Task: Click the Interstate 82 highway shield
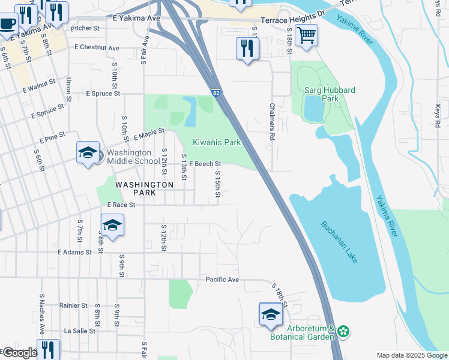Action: click(215, 93)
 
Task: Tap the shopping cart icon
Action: click(307, 35)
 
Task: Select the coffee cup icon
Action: click(7, 25)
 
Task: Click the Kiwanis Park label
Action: click(216, 143)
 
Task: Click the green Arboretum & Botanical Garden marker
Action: click(343, 331)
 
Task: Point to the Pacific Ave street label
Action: click(222, 280)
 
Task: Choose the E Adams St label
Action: click(74, 253)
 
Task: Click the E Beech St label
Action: click(205, 163)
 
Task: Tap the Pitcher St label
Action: click(85, 28)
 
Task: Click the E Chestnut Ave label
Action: click(97, 47)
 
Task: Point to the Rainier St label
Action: click(73, 305)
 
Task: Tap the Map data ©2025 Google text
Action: click(411, 355)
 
